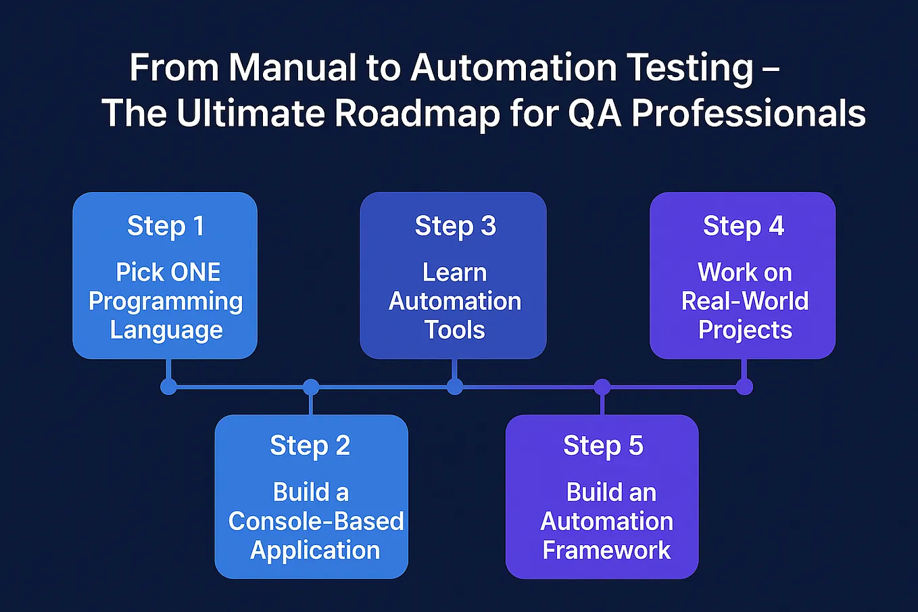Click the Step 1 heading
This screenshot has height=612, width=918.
(165, 226)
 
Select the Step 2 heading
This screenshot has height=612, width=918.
(310, 446)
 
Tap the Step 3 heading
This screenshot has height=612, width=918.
(455, 226)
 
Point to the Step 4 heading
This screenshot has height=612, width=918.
(743, 226)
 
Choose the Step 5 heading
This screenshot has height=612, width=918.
(603, 446)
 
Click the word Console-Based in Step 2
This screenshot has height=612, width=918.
(316, 521)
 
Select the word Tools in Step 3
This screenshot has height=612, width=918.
(454, 330)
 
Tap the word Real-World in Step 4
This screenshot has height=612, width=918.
(744, 301)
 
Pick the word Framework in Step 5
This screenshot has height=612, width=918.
(606, 550)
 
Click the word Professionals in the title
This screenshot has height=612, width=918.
(748, 113)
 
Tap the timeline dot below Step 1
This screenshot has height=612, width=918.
(168, 387)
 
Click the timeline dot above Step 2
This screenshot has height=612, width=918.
(310, 387)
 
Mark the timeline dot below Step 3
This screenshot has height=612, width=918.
(455, 387)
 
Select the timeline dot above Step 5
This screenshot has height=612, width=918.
(602, 387)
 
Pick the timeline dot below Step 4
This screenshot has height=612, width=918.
(744, 387)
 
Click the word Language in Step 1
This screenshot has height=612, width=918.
(166, 330)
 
